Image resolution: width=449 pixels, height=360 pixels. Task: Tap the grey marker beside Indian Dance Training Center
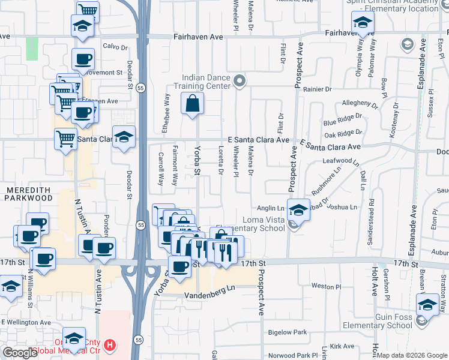coord(240,81)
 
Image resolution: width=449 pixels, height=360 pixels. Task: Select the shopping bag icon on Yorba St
coord(191,103)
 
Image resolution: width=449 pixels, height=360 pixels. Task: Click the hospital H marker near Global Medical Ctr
coord(110,345)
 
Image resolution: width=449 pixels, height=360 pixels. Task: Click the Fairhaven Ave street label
coord(198,37)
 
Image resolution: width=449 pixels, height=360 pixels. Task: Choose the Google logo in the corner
coord(19,353)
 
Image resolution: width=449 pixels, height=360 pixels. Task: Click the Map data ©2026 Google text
coord(412,355)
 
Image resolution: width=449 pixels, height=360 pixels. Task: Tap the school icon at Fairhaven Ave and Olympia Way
coord(363,23)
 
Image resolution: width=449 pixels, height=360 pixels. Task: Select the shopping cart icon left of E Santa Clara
coord(65,139)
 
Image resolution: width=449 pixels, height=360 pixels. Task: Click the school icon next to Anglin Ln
coord(298,209)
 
